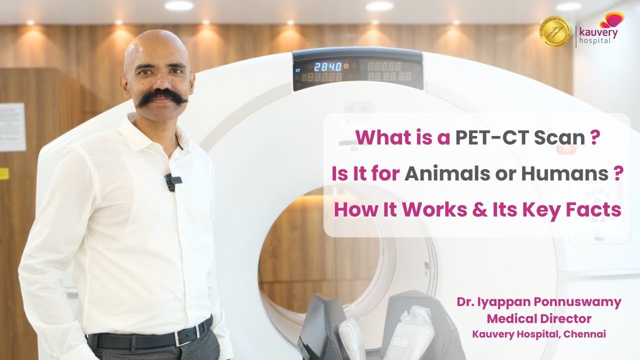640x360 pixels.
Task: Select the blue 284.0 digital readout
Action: tap(328, 66)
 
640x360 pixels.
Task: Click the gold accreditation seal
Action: tap(555, 31)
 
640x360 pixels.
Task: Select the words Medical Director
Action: tap(539, 318)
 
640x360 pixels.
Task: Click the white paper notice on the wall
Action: tap(11, 127)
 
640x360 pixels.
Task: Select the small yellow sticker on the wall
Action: tap(4, 173)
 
